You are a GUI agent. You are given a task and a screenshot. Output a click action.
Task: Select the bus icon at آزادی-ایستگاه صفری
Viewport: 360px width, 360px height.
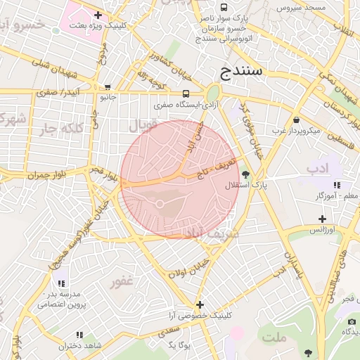pyautogui.click(x=186, y=94)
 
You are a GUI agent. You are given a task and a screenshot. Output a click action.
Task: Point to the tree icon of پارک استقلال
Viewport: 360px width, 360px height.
pyautogui.click(x=245, y=174)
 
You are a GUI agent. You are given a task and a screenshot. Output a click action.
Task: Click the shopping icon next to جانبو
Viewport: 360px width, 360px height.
pyautogui.click(x=107, y=88)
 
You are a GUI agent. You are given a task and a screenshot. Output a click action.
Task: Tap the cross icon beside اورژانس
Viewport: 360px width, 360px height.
pyautogui.click(x=322, y=219)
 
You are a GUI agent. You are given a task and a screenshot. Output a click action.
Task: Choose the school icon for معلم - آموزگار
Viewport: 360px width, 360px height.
pyautogui.click(x=337, y=185)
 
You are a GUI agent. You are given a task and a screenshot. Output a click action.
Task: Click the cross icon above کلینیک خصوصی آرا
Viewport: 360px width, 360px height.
pyautogui.click(x=200, y=304)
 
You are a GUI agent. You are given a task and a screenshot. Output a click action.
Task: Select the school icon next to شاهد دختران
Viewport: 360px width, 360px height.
pyautogui.click(x=79, y=335)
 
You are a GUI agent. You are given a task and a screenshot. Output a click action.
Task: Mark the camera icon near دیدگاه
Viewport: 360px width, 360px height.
pyautogui.click(x=351, y=321)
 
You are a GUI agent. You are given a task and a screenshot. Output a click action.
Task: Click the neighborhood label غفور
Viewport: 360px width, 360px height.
pyautogui.click(x=120, y=283)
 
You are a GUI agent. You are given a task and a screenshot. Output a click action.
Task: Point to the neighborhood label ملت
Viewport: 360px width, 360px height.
pyautogui.click(x=275, y=338)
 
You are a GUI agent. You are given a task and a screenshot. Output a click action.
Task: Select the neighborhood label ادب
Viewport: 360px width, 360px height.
pyautogui.click(x=317, y=169)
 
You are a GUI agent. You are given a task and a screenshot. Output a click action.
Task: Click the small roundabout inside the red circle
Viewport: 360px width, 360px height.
pyautogui.click(x=160, y=204)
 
